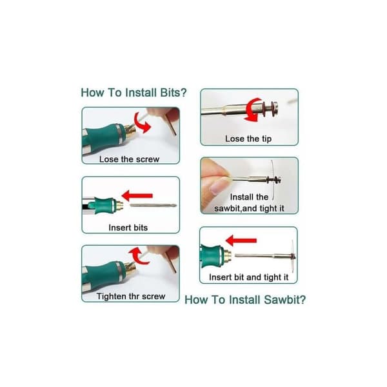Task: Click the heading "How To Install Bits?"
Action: tap(134, 93)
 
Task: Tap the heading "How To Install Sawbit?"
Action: tap(245, 300)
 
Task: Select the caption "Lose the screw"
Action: tap(130, 159)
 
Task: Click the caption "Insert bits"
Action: tap(128, 228)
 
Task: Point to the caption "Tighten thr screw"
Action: tap(131, 296)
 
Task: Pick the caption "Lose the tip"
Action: tap(248, 139)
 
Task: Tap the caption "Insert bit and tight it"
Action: tap(248, 277)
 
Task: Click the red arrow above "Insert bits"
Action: tap(137, 195)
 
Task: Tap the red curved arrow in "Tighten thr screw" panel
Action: tap(138, 256)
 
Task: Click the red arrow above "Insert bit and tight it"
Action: tap(241, 241)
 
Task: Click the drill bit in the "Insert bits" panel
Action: tap(154, 205)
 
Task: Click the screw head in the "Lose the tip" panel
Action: tap(274, 109)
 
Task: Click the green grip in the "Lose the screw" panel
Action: tap(104, 138)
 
